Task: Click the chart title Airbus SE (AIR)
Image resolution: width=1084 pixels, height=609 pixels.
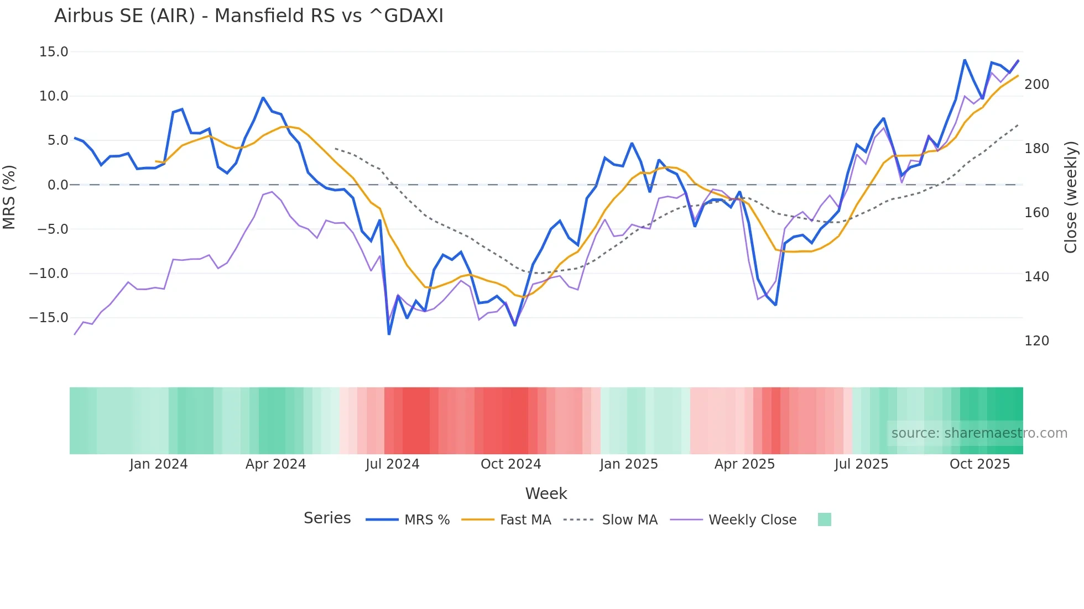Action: click(x=248, y=15)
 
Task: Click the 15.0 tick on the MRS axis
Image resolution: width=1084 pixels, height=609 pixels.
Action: click(x=54, y=52)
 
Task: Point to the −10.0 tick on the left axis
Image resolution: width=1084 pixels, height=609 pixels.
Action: click(x=49, y=274)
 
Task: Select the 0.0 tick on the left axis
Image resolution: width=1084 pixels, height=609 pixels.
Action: click(x=58, y=185)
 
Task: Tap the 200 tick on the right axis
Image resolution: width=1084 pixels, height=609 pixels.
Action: click(x=1036, y=85)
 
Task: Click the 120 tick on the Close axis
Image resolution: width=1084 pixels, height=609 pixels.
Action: click(x=1036, y=341)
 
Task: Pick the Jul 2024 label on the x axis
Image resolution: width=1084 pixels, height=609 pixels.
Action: click(x=392, y=464)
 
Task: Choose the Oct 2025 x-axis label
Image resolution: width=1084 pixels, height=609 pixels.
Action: click(x=979, y=464)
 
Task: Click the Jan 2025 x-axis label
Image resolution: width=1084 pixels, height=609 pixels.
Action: click(x=629, y=464)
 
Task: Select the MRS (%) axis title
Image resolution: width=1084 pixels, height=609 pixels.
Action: click(x=9, y=197)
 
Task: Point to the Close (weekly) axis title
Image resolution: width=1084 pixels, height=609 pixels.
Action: click(x=1071, y=197)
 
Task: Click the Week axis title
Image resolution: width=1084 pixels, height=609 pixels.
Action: click(x=546, y=494)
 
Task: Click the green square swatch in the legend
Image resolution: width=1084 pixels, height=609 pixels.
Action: click(x=824, y=519)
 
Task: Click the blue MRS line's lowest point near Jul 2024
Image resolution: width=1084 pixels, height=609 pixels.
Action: click(x=389, y=334)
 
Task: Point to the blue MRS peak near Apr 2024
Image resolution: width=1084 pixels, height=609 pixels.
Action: click(x=263, y=98)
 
